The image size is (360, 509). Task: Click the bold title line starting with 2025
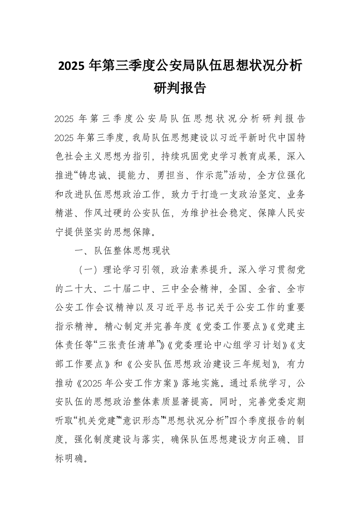180,66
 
